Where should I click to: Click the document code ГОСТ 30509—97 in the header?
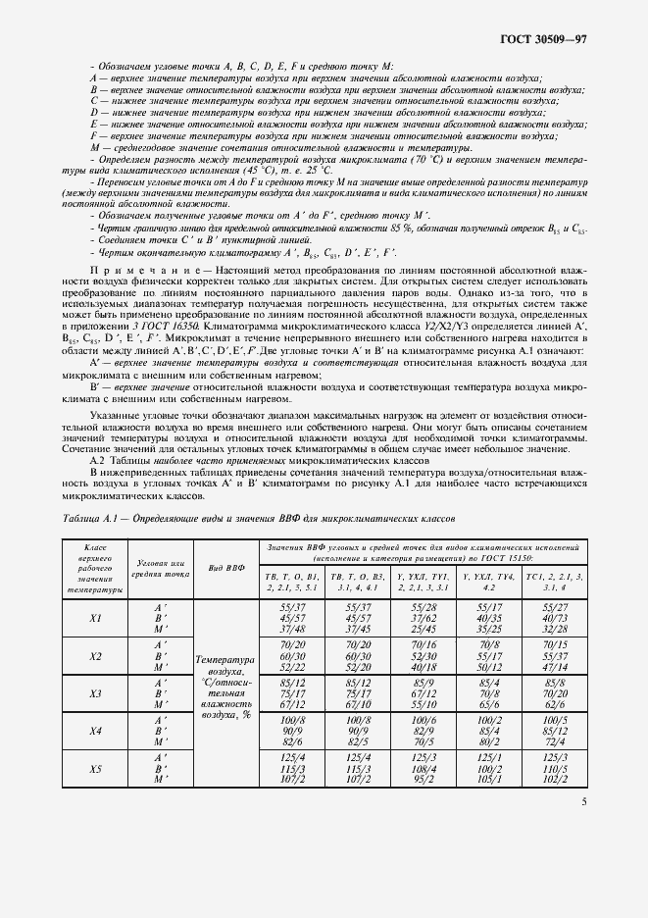coord(543,40)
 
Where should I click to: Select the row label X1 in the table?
coord(96,619)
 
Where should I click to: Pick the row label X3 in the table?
coord(96,693)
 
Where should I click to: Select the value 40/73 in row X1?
coord(555,619)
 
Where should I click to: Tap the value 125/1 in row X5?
coord(488,757)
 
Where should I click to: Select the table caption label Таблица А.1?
coord(88,518)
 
